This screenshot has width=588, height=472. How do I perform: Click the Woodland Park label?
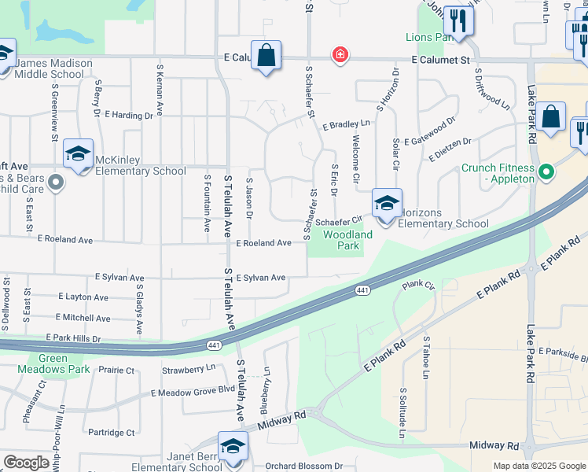[x=347, y=240]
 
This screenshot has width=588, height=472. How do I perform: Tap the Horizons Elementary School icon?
[x=386, y=204]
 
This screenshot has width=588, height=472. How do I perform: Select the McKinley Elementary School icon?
[x=78, y=154]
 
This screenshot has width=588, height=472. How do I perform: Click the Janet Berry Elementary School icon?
[x=233, y=446]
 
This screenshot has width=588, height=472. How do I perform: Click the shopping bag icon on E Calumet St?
[x=266, y=56]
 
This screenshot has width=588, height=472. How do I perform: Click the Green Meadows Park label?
[x=64, y=363]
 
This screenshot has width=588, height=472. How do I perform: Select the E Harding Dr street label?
[x=126, y=116]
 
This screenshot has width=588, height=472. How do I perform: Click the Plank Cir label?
[x=418, y=285]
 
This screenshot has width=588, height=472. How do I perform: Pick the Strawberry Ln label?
[x=188, y=368]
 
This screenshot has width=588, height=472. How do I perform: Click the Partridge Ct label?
[x=111, y=432]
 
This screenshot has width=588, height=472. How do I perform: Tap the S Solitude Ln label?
[x=402, y=412]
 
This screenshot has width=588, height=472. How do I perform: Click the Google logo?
[x=26, y=463]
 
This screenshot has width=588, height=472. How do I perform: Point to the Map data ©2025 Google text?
[x=538, y=466]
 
